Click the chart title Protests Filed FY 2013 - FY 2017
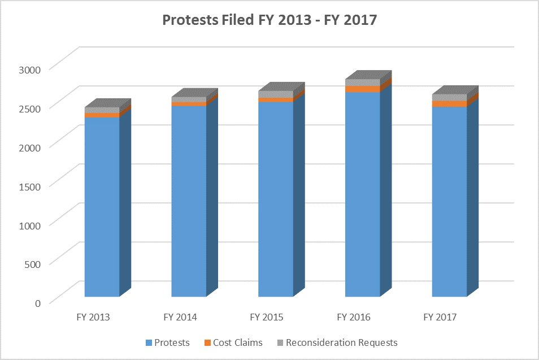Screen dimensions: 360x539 click(x=269, y=20)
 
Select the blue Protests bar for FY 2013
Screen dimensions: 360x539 click(x=102, y=206)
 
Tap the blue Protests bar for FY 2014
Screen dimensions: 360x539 click(x=189, y=201)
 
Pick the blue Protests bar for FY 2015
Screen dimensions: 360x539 click(x=276, y=199)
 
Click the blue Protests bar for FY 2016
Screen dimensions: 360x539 click(x=363, y=194)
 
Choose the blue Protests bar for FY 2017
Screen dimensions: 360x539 click(x=449, y=201)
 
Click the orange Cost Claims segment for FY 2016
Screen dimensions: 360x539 click(x=363, y=89)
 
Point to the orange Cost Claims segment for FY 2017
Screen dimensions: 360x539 click(x=449, y=103)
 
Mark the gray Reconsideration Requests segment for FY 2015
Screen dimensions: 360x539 click(x=276, y=94)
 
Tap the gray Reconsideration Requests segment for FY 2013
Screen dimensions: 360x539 click(x=102, y=110)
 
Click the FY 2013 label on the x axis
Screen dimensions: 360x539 click(x=93, y=317)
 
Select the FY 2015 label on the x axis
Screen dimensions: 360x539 click(x=267, y=317)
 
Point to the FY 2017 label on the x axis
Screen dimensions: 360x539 click(x=440, y=317)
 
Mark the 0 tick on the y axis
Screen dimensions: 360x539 click(x=38, y=302)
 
